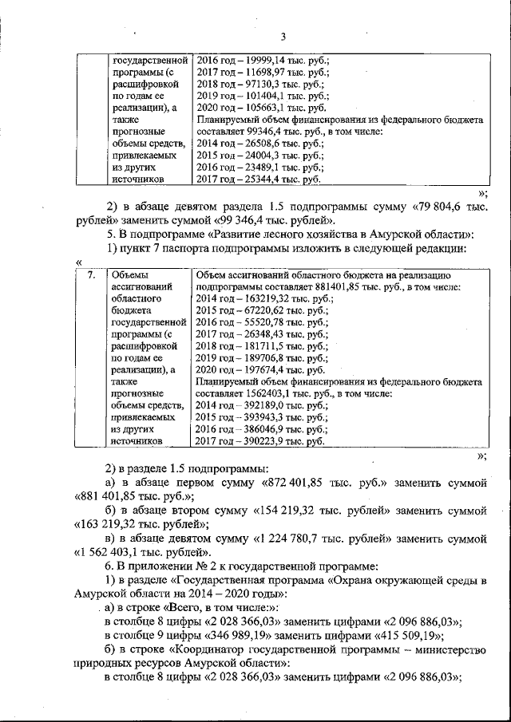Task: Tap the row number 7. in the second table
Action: (x=92, y=276)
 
